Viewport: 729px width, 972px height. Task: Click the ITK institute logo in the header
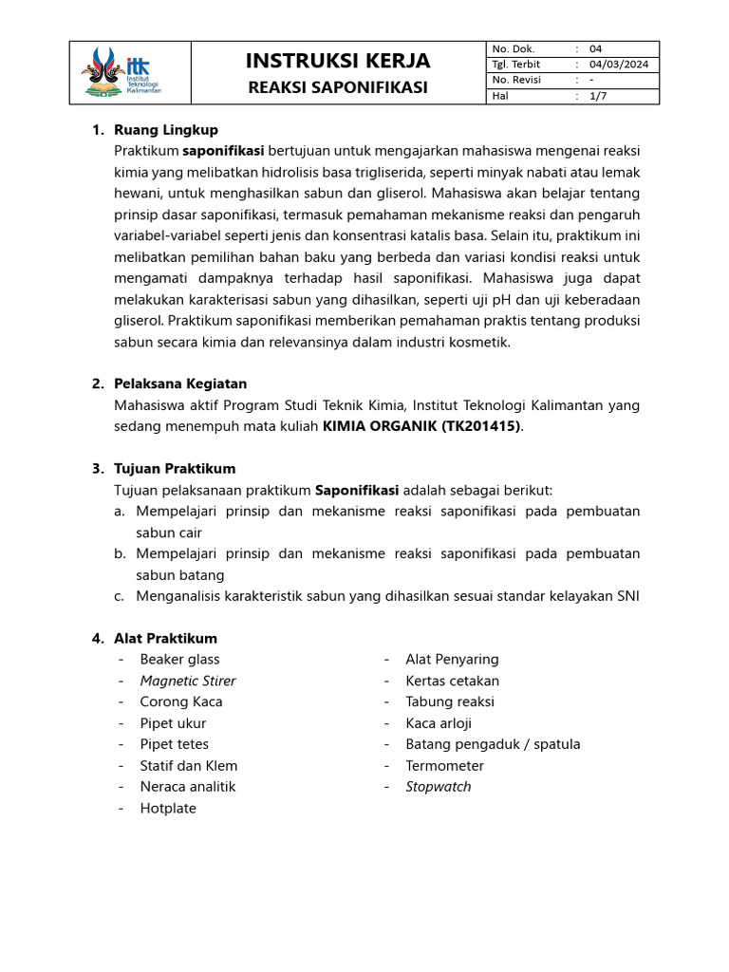pyautogui.click(x=123, y=72)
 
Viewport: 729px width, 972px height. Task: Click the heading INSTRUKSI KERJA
pyautogui.click(x=337, y=62)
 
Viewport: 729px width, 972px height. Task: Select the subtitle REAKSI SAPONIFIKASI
pyautogui.click(x=337, y=88)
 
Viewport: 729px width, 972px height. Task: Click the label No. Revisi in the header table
pyautogui.click(x=516, y=81)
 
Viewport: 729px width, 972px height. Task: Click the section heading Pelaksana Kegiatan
pyautogui.click(x=179, y=384)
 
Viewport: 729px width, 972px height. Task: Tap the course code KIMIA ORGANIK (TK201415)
pyautogui.click(x=422, y=426)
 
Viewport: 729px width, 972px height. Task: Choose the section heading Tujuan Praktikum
pyautogui.click(x=174, y=469)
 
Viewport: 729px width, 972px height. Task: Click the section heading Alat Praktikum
pyautogui.click(x=165, y=639)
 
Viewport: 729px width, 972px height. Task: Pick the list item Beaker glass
pyautogui.click(x=179, y=660)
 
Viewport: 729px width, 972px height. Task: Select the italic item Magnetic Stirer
pyautogui.click(x=188, y=681)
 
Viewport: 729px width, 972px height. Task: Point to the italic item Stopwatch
pyautogui.click(x=438, y=787)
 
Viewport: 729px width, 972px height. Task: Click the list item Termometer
pyautogui.click(x=444, y=766)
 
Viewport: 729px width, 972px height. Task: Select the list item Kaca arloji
pyautogui.click(x=439, y=723)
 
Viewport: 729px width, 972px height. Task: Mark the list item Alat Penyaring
pyautogui.click(x=452, y=660)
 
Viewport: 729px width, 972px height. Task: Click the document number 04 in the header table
pyautogui.click(x=595, y=49)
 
